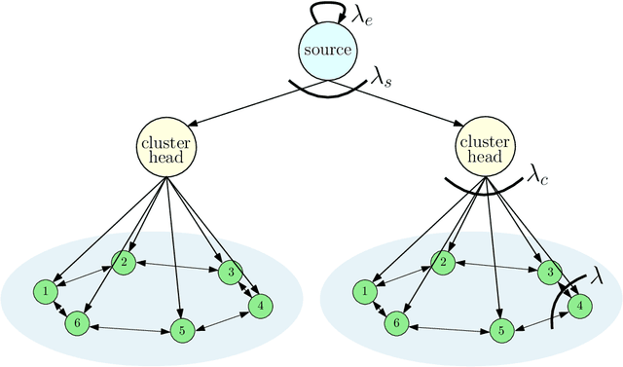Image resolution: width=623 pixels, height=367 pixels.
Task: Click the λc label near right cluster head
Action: coord(538,176)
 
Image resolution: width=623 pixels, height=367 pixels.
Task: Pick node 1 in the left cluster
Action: coord(45,290)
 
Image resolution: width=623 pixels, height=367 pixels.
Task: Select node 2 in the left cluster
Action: coord(124,261)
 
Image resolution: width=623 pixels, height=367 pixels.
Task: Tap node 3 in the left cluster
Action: coord(231,271)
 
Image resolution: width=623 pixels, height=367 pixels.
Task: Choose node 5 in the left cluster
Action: coord(179,331)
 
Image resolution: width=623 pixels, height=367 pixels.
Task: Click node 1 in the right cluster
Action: coord(365,290)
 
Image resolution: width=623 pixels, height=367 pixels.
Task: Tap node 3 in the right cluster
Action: coord(551,271)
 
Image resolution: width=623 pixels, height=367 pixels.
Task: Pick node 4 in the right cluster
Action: coord(578,306)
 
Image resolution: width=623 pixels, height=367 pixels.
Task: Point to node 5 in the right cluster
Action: coord(499,331)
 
